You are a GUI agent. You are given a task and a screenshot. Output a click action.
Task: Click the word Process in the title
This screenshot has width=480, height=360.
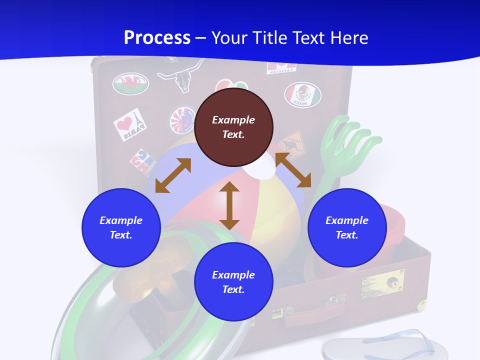(157, 37)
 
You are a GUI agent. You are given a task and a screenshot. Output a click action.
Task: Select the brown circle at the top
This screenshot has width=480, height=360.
(233, 127)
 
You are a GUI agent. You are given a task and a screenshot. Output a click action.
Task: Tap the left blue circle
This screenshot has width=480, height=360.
(121, 227)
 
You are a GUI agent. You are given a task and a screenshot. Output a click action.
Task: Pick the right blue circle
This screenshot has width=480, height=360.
(347, 227)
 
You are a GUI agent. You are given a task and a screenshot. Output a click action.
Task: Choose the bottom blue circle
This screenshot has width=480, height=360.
(233, 282)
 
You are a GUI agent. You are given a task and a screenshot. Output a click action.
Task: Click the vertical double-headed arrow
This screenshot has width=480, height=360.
(229, 205)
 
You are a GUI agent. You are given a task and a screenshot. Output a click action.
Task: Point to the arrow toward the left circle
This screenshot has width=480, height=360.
(173, 175)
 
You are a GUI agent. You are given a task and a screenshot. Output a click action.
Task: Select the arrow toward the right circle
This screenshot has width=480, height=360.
(293, 170)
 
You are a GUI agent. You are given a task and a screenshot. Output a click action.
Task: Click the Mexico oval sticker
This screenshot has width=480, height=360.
(303, 94)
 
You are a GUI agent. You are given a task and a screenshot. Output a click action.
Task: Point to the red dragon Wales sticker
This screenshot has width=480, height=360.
(130, 83)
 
